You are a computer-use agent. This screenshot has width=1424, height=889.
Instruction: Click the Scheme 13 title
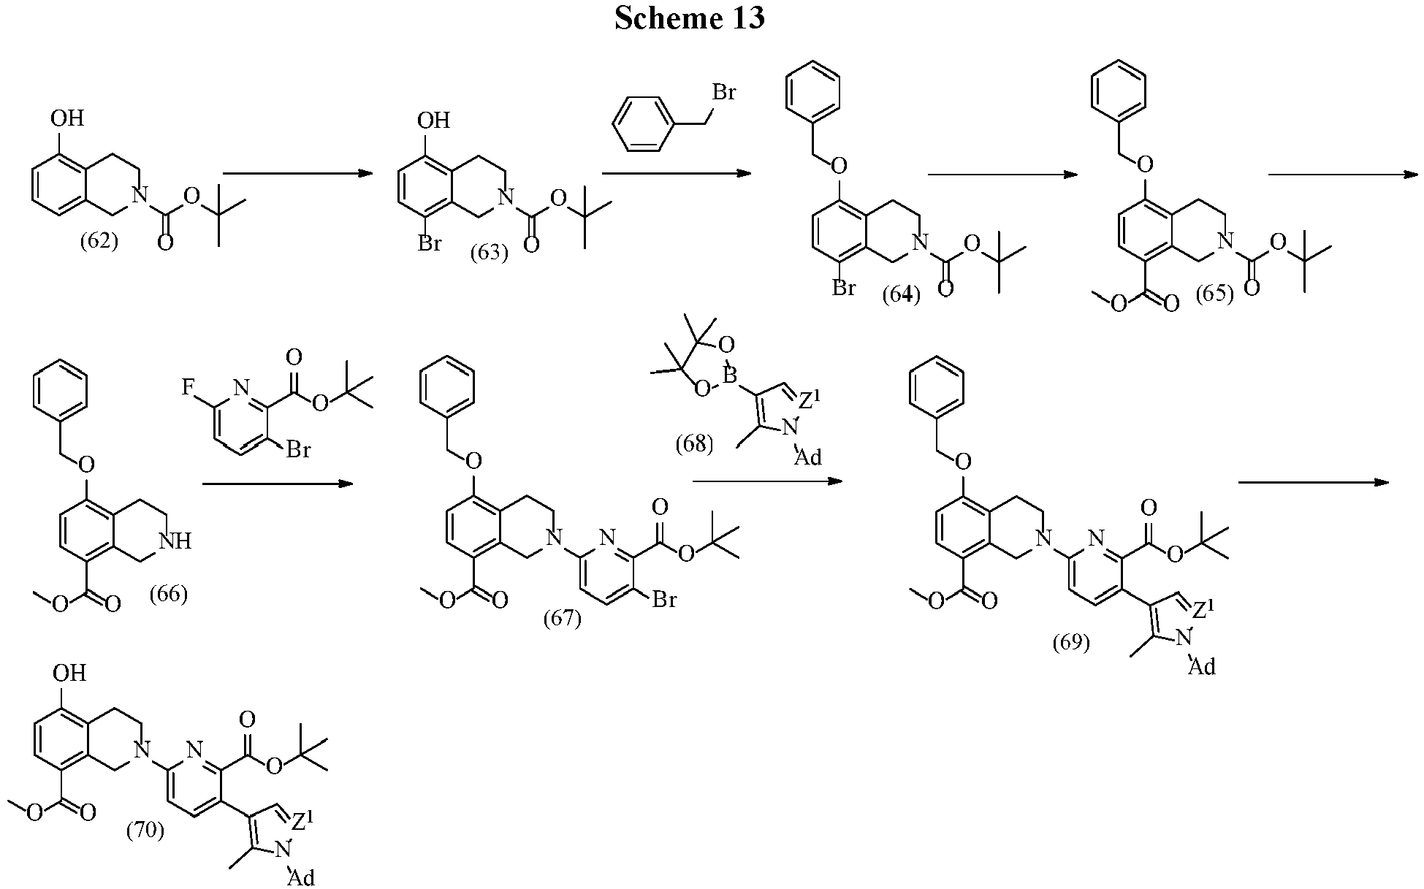tap(689, 18)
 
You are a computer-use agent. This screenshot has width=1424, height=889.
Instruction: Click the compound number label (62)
tap(99, 241)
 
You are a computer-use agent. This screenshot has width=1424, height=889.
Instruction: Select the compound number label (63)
tap(489, 253)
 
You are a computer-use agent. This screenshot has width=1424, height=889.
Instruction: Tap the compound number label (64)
tap(901, 295)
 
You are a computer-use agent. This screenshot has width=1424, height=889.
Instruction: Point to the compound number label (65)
tap(1214, 294)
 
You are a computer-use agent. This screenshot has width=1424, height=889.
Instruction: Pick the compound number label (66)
tap(168, 594)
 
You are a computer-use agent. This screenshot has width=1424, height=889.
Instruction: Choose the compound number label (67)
tap(562, 619)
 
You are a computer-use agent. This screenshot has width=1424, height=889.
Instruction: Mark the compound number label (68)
tap(693, 443)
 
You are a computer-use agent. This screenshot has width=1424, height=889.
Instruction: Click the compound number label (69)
tap(1071, 642)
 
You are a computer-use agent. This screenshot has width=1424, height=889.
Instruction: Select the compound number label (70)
tap(145, 831)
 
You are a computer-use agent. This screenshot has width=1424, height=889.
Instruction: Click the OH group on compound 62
tap(68, 118)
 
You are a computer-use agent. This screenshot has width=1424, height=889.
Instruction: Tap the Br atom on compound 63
tap(430, 243)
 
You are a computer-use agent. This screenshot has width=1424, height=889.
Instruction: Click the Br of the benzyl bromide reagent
tap(723, 92)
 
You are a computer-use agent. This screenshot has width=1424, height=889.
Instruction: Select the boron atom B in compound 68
tap(729, 375)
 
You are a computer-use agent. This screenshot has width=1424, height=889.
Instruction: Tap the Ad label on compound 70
tap(301, 877)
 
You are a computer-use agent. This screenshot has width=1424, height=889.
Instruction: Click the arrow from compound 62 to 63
tap(297, 174)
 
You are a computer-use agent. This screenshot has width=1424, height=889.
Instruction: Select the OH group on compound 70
tap(70, 672)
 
